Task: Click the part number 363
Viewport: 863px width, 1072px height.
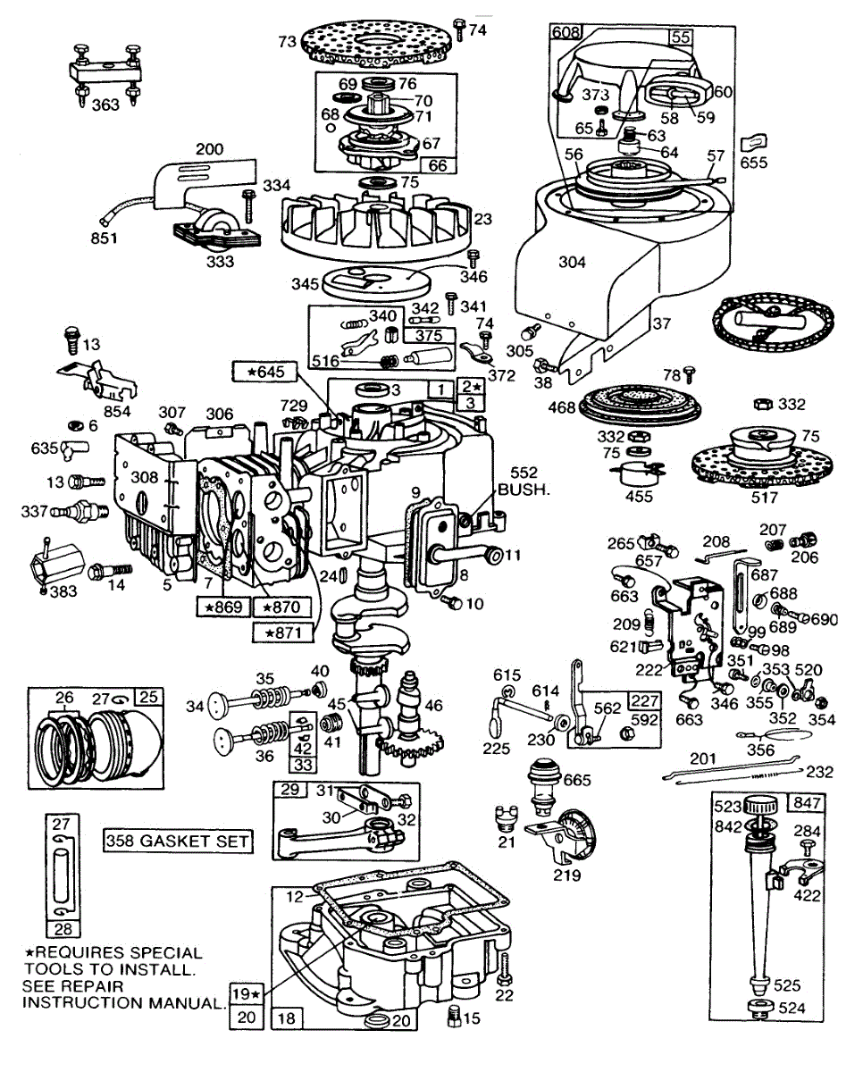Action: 105,105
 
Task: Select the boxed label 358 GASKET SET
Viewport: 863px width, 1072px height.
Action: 177,841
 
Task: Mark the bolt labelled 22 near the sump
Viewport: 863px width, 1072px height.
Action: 505,967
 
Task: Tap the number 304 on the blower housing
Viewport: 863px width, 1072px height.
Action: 572,262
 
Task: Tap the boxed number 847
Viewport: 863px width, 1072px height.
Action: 807,804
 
